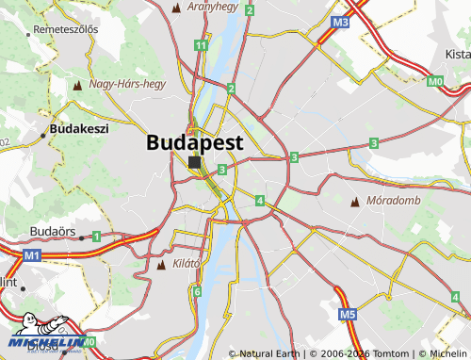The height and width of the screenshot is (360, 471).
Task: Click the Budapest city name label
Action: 195,142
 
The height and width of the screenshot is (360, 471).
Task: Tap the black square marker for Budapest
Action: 194,163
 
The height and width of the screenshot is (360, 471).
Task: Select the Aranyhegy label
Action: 212,7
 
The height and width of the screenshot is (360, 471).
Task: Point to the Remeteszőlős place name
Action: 65,29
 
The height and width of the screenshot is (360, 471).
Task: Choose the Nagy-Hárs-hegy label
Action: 127,84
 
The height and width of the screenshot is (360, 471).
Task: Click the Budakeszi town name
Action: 79,127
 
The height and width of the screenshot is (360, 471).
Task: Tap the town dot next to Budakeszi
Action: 42,135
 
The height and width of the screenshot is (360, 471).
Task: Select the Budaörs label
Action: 53,230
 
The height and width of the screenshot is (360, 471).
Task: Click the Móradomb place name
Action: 392,202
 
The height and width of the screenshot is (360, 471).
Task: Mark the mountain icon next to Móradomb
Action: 355,203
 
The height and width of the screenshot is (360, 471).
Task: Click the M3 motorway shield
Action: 341,22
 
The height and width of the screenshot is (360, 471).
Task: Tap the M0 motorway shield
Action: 434,82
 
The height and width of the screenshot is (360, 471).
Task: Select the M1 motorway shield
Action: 33,255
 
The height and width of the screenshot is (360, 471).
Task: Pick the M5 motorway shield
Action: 348,314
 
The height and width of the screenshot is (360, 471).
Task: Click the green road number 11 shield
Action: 201,45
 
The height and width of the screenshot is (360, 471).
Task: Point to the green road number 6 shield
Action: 197,292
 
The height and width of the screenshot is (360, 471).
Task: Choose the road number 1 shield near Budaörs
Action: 96,237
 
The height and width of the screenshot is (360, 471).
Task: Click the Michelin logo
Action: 47,344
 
